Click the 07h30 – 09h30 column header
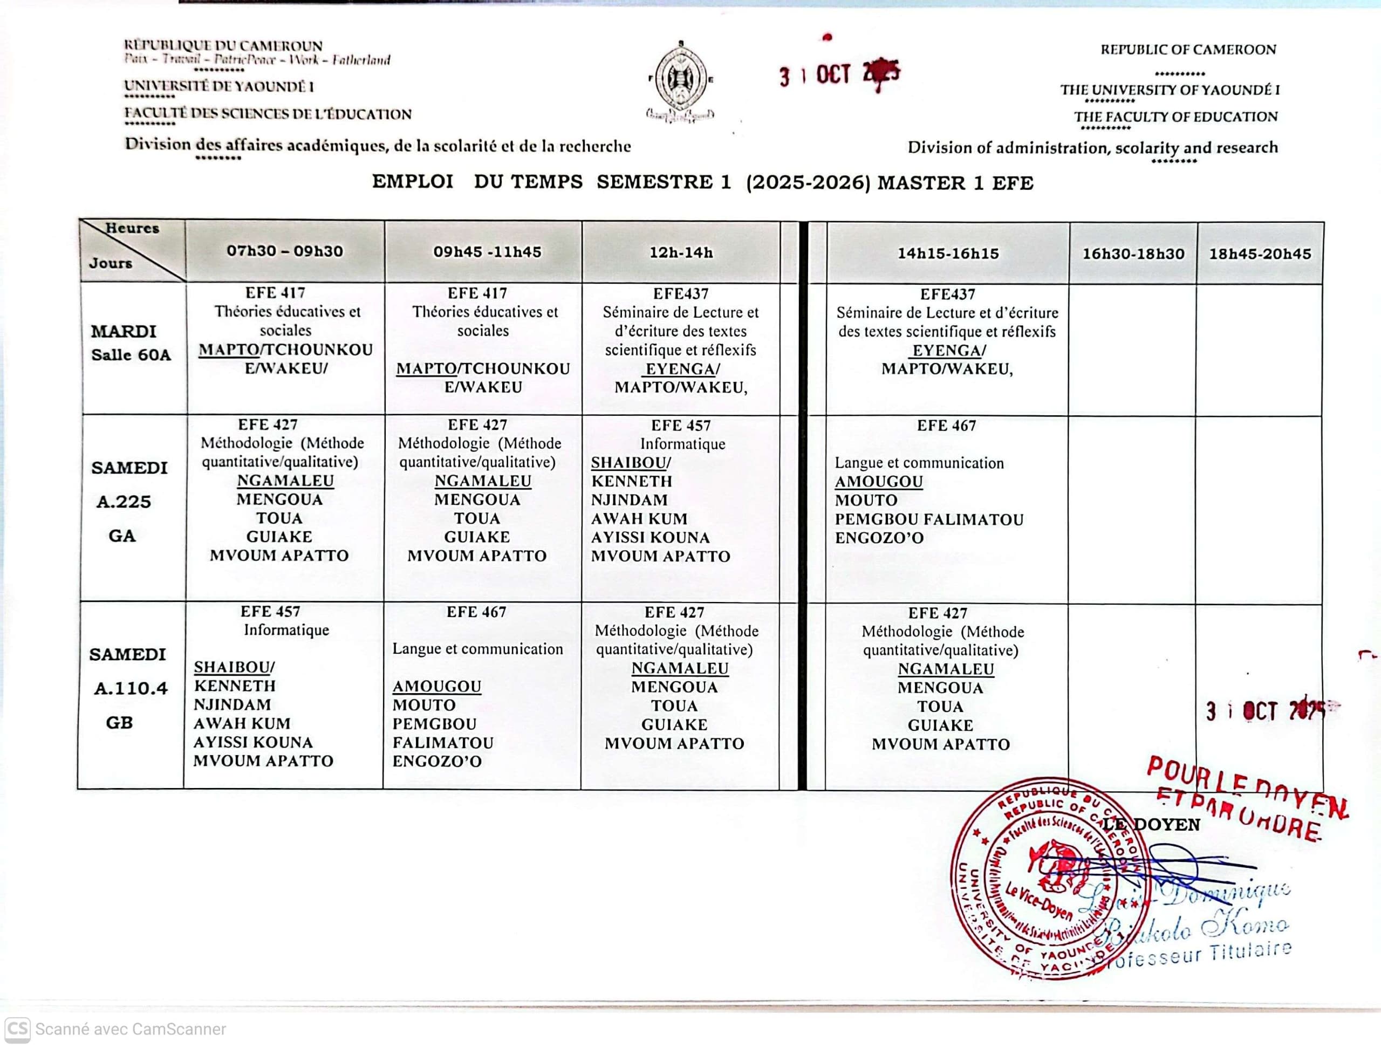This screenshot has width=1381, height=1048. (x=285, y=251)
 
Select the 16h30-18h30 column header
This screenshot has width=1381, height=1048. (x=1133, y=254)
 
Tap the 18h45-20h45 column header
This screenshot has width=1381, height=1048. (x=1260, y=254)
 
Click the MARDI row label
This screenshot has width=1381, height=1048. (x=124, y=331)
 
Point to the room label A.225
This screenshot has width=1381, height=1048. (x=124, y=502)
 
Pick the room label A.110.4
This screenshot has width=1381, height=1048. (x=131, y=688)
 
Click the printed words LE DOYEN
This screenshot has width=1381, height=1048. (x=1152, y=825)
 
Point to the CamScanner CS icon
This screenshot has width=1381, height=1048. (x=17, y=1029)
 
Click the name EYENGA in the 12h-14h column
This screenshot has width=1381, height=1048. (x=680, y=369)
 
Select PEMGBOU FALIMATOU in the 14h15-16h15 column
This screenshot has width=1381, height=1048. (x=929, y=520)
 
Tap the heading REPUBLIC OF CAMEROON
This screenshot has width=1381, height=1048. (x=1188, y=50)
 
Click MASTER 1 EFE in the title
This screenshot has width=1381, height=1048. (x=955, y=183)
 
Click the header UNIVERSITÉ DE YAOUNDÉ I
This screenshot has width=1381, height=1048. (x=218, y=87)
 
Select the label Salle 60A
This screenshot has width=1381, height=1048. (x=131, y=355)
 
